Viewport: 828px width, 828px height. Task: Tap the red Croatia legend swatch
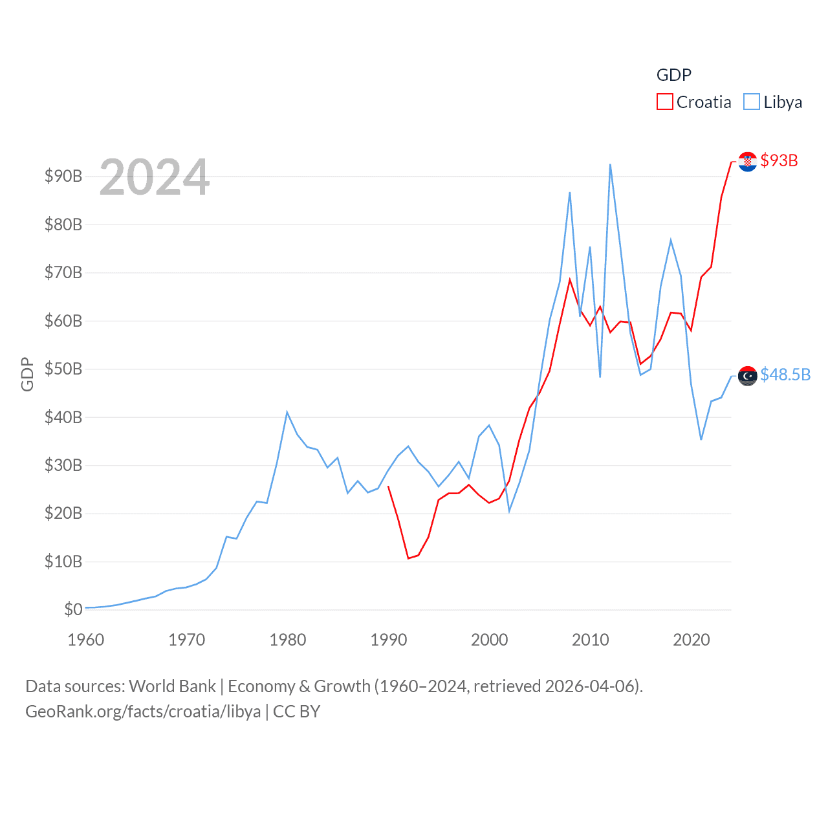pyautogui.click(x=664, y=102)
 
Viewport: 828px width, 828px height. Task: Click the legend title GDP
pyautogui.click(x=673, y=75)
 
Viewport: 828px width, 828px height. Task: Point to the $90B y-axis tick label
pyautogui.click(x=63, y=176)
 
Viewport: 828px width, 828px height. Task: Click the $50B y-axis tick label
pyautogui.click(x=63, y=369)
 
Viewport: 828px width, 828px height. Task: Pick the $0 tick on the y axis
pyautogui.click(x=73, y=609)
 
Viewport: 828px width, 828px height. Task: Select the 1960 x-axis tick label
pyautogui.click(x=86, y=640)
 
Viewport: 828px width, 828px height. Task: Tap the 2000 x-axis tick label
pyautogui.click(x=490, y=640)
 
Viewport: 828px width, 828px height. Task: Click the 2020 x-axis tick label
pyautogui.click(x=692, y=640)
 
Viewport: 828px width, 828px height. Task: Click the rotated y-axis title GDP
pyautogui.click(x=27, y=374)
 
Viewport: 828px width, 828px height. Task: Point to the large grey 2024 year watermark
pyautogui.click(x=155, y=177)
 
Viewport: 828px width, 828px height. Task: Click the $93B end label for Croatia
pyautogui.click(x=779, y=160)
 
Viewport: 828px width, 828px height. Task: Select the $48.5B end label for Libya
pyautogui.click(x=785, y=375)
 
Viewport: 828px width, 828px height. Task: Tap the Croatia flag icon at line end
pyautogui.click(x=747, y=162)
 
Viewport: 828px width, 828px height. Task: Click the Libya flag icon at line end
pyautogui.click(x=747, y=376)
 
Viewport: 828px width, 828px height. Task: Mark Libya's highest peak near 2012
pyautogui.click(x=610, y=164)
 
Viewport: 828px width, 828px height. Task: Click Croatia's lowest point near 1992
pyautogui.click(x=408, y=558)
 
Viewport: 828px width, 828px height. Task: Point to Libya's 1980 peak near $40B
pyautogui.click(x=287, y=412)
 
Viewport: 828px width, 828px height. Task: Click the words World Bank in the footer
pyautogui.click(x=173, y=686)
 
